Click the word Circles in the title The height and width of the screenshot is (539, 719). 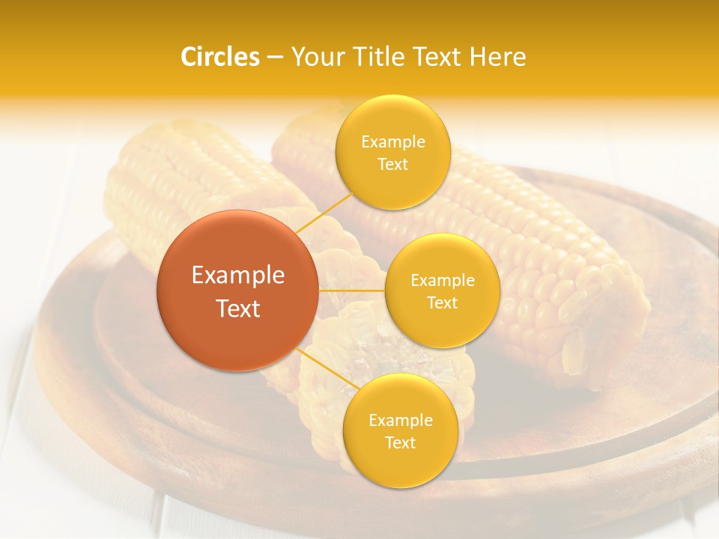pos(219,57)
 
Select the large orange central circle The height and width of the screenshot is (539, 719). pos(238,290)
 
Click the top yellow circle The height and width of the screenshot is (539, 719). pos(392,153)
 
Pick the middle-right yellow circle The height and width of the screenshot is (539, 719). pos(442,290)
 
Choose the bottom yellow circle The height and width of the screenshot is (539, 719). pos(400,430)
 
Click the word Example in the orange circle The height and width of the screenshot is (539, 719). pos(238,275)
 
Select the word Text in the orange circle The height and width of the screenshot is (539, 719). pos(238,308)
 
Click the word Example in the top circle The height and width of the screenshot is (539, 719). pos(393,141)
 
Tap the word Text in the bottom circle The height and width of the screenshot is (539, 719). pos(400,442)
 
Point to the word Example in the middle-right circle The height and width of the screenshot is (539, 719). pos(443,280)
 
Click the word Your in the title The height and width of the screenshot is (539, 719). pos(314,57)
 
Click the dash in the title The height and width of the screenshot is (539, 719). pos(274,58)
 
